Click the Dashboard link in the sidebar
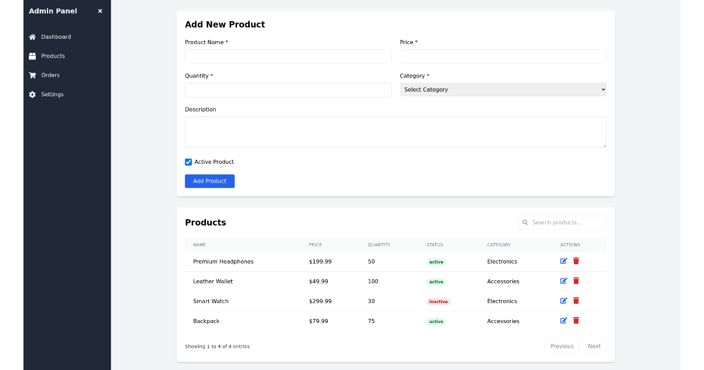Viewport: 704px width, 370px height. point(56,37)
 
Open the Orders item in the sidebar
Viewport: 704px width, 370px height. point(50,75)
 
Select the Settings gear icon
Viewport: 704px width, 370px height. point(32,95)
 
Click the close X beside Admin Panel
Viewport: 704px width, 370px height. point(100,11)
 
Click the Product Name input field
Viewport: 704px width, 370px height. point(288,56)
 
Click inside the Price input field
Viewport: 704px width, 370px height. point(503,56)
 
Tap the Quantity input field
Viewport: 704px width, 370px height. point(288,90)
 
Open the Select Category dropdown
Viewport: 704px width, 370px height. point(503,90)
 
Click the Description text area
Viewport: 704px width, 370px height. point(395,132)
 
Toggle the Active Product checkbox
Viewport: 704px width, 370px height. point(188,162)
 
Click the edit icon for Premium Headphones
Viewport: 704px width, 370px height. point(564,261)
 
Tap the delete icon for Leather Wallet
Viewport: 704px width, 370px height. point(576,281)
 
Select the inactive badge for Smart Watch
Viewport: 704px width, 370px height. point(438,301)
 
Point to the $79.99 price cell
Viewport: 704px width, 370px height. point(319,321)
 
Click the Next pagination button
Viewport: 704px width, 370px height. point(594,347)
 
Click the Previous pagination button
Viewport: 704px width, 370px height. point(561,347)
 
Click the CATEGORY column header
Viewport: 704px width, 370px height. point(499,245)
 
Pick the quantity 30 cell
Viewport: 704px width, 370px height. point(371,301)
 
